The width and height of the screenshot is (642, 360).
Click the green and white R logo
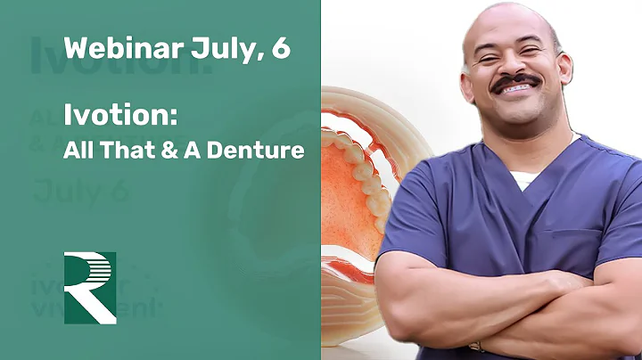(90, 288)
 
